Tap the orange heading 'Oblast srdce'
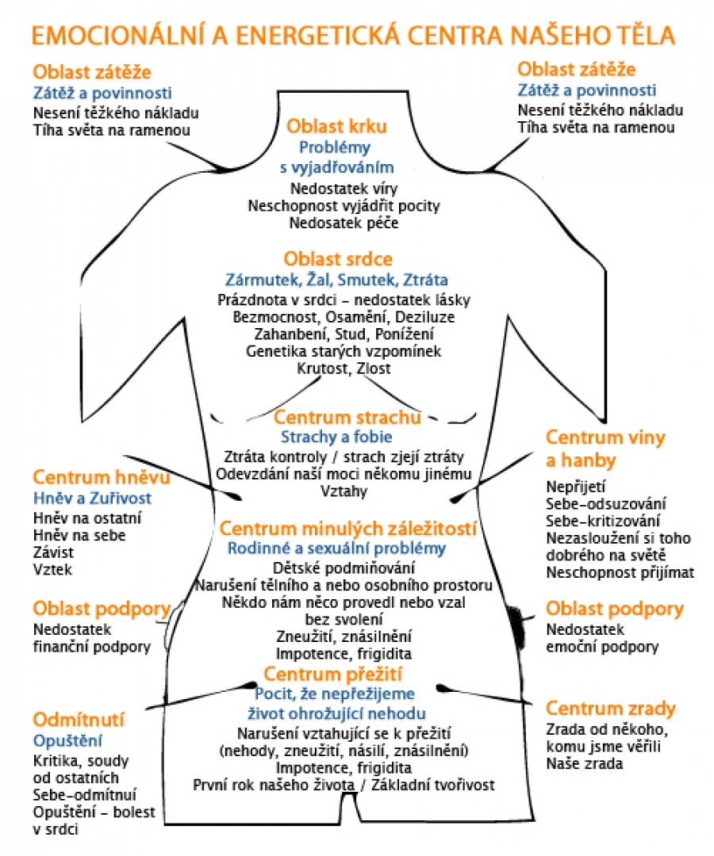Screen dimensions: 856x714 pyautogui.click(x=338, y=260)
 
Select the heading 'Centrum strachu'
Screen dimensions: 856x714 pyautogui.click(x=347, y=417)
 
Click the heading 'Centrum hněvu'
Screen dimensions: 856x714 pyautogui.click(x=90, y=478)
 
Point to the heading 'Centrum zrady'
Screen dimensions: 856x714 pyautogui.click(x=610, y=708)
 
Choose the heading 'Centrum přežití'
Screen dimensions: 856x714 pyautogui.click(x=333, y=674)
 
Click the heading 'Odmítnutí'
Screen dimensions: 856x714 pyautogui.click(x=79, y=720)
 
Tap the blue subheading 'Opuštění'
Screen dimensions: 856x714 pyautogui.click(x=67, y=741)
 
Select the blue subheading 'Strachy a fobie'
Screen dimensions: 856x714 pyautogui.click(x=336, y=437)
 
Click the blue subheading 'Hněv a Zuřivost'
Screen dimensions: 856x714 pyautogui.click(x=91, y=499)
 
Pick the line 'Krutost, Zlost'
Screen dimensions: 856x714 pyautogui.click(x=344, y=369)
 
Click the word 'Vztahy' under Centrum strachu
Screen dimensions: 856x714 pyautogui.click(x=344, y=491)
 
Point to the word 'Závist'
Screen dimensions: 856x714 pyautogui.click(x=52, y=552)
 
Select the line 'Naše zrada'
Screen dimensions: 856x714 pyautogui.click(x=584, y=764)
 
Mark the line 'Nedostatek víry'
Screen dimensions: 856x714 pyautogui.click(x=344, y=189)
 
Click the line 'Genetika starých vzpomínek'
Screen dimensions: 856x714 pyautogui.click(x=344, y=351)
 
